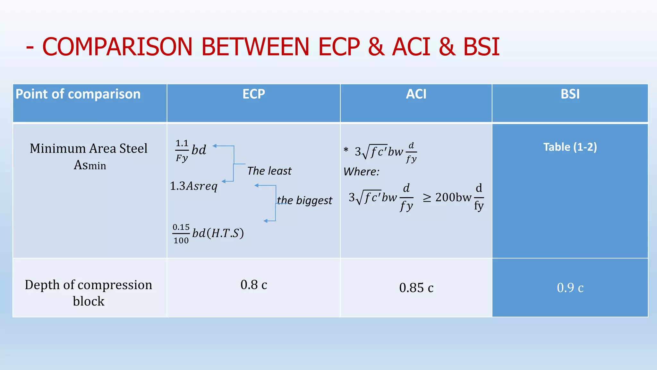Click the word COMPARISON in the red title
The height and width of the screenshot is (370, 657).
(x=117, y=47)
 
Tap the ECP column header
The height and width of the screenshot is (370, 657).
(x=253, y=94)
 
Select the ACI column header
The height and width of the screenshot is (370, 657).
(x=416, y=94)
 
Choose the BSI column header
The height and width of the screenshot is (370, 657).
(x=570, y=94)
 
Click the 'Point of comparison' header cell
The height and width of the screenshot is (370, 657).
(x=78, y=94)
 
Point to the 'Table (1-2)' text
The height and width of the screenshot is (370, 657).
(x=570, y=147)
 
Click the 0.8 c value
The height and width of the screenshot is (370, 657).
(x=253, y=285)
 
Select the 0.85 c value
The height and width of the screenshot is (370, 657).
(x=416, y=288)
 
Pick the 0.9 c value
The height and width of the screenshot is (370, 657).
(x=570, y=288)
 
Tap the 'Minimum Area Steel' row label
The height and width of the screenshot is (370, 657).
(x=89, y=149)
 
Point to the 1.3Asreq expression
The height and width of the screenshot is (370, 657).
(x=193, y=186)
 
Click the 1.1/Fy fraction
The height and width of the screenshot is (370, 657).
(x=182, y=150)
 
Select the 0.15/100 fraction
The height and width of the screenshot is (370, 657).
(x=181, y=234)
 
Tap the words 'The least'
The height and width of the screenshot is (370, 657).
(x=269, y=171)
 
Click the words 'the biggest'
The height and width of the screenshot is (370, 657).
(x=304, y=200)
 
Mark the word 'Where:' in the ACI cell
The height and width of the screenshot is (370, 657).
(x=361, y=172)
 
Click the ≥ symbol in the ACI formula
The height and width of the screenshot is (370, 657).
(x=427, y=198)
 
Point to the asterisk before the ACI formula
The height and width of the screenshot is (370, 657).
(x=346, y=150)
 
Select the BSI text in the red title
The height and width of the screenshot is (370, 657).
(x=481, y=47)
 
